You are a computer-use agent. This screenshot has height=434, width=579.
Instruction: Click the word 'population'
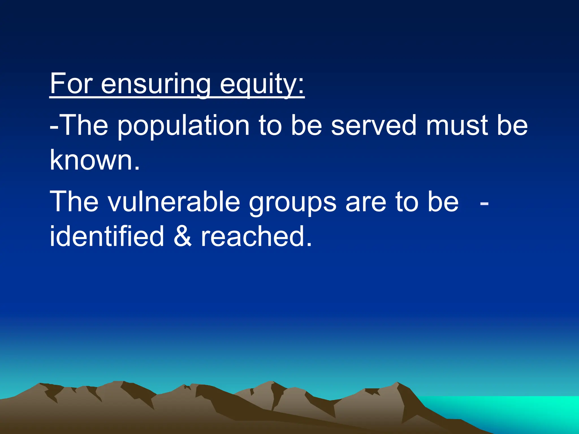[183, 125]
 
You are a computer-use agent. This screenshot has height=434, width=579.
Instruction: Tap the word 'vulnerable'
[173, 202]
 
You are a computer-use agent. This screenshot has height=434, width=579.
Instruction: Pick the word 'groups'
[292, 202]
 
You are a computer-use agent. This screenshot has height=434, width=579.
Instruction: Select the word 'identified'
[107, 236]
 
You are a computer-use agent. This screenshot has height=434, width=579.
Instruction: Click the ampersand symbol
[182, 236]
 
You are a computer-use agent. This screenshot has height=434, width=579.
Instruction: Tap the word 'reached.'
[256, 236]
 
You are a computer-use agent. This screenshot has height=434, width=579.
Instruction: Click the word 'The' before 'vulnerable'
[74, 202]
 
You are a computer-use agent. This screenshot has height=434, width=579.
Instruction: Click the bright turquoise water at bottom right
[523, 410]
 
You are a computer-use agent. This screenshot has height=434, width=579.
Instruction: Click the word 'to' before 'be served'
[270, 125]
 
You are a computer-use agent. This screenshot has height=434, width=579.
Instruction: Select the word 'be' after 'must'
[512, 125]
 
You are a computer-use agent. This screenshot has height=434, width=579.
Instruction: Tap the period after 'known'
[137, 168]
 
